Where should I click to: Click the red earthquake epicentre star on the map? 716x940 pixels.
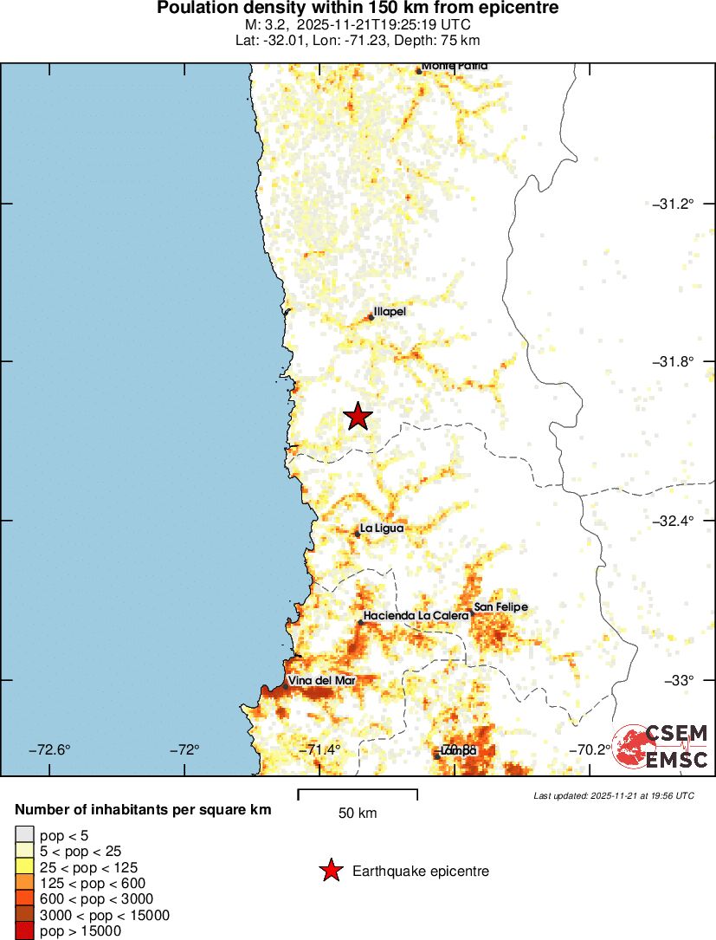point(357,417)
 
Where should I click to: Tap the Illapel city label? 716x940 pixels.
point(389,312)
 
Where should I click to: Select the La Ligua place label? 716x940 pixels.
point(382,528)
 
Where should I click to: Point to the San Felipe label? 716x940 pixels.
point(500,607)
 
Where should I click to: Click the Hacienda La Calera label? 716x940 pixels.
point(416,615)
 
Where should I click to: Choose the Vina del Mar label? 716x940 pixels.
point(321,680)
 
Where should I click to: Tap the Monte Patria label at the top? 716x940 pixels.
point(455,66)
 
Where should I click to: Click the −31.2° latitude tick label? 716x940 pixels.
point(673,204)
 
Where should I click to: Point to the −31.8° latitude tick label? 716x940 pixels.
point(673,362)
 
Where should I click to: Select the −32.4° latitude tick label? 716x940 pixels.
point(673,521)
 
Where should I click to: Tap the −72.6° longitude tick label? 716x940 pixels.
point(50,749)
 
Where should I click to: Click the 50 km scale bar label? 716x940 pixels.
point(358,814)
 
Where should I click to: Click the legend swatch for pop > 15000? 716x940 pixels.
point(24,930)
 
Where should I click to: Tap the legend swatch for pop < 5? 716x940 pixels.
point(24,835)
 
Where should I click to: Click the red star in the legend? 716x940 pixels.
point(331,872)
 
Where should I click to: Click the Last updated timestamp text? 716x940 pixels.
point(613,795)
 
